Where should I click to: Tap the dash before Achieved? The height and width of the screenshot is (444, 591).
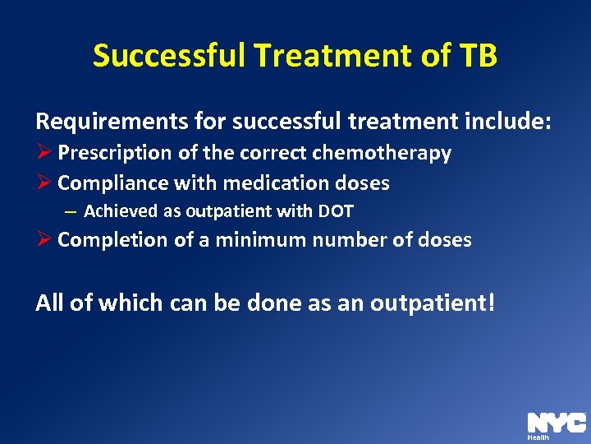pos(70,211)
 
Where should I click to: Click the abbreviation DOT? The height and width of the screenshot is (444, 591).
pos(334,211)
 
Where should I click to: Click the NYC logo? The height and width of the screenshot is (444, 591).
pos(556,423)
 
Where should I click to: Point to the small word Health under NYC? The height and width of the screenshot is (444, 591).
pos(538,437)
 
